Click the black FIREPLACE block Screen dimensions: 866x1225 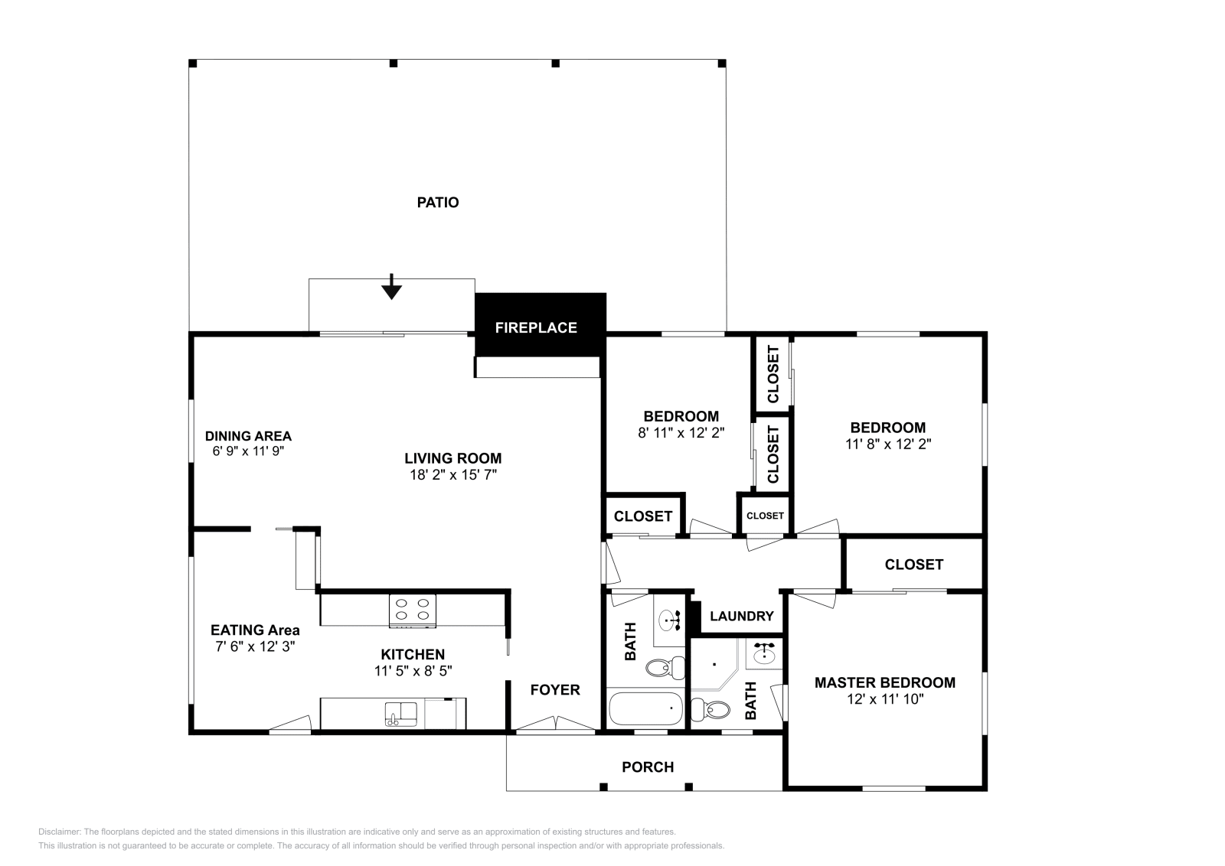point(540,325)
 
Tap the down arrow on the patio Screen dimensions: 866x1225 point(391,288)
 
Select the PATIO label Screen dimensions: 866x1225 point(438,203)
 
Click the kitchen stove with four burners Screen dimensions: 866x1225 point(413,610)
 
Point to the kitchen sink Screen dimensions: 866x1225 point(400,715)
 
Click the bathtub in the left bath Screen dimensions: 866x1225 point(645,709)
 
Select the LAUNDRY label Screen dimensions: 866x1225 point(741,617)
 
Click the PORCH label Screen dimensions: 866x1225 point(648,767)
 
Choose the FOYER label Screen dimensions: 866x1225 point(555,690)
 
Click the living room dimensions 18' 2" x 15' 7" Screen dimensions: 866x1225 point(453,474)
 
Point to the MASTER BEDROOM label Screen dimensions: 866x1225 point(884,682)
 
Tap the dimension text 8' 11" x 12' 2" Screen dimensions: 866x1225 point(681,432)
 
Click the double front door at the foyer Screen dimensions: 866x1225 point(555,724)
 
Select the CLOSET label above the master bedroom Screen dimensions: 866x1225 point(913,565)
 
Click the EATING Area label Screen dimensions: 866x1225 point(255,630)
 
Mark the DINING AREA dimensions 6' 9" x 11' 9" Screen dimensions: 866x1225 point(248,451)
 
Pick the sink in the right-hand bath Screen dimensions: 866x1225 point(764,653)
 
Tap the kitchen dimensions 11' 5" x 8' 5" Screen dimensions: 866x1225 point(413,671)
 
